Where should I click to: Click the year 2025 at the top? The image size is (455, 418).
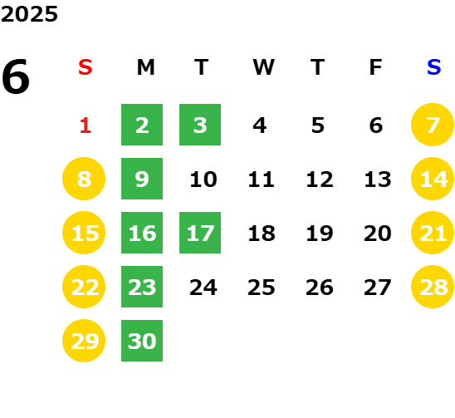point(29,14)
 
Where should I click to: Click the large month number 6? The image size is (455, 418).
point(16,76)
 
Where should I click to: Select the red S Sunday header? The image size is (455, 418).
point(86,67)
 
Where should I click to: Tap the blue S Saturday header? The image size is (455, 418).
point(433,67)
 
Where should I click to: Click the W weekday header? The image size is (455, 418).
point(263,67)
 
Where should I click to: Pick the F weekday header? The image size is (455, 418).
point(376,67)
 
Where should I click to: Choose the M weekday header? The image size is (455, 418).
point(145,67)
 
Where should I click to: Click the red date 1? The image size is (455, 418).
point(86,125)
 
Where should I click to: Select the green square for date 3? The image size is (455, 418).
point(200,125)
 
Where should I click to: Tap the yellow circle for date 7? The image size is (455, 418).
point(433,125)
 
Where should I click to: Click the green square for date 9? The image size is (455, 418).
point(142,179)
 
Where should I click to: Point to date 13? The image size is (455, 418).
point(378,179)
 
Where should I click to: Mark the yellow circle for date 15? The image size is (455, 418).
point(84,233)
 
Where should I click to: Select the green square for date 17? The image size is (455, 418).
point(200,233)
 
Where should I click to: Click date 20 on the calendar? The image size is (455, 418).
point(378,234)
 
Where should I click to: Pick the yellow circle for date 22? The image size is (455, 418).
point(84,287)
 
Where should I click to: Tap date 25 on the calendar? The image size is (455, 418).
point(262,288)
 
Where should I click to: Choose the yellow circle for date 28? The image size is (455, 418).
point(433,287)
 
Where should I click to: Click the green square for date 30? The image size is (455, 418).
point(142,341)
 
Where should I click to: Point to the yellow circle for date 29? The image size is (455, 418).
point(84,341)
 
